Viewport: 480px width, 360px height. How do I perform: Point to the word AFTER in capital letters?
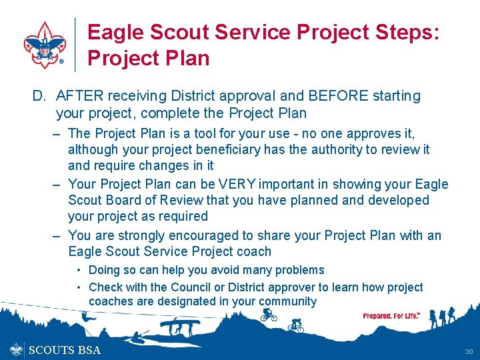pos(79,96)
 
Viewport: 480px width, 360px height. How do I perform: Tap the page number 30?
pos(467,351)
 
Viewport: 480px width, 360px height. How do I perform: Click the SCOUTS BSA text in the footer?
pos(65,350)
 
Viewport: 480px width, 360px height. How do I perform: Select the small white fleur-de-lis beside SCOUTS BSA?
pos(17,349)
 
